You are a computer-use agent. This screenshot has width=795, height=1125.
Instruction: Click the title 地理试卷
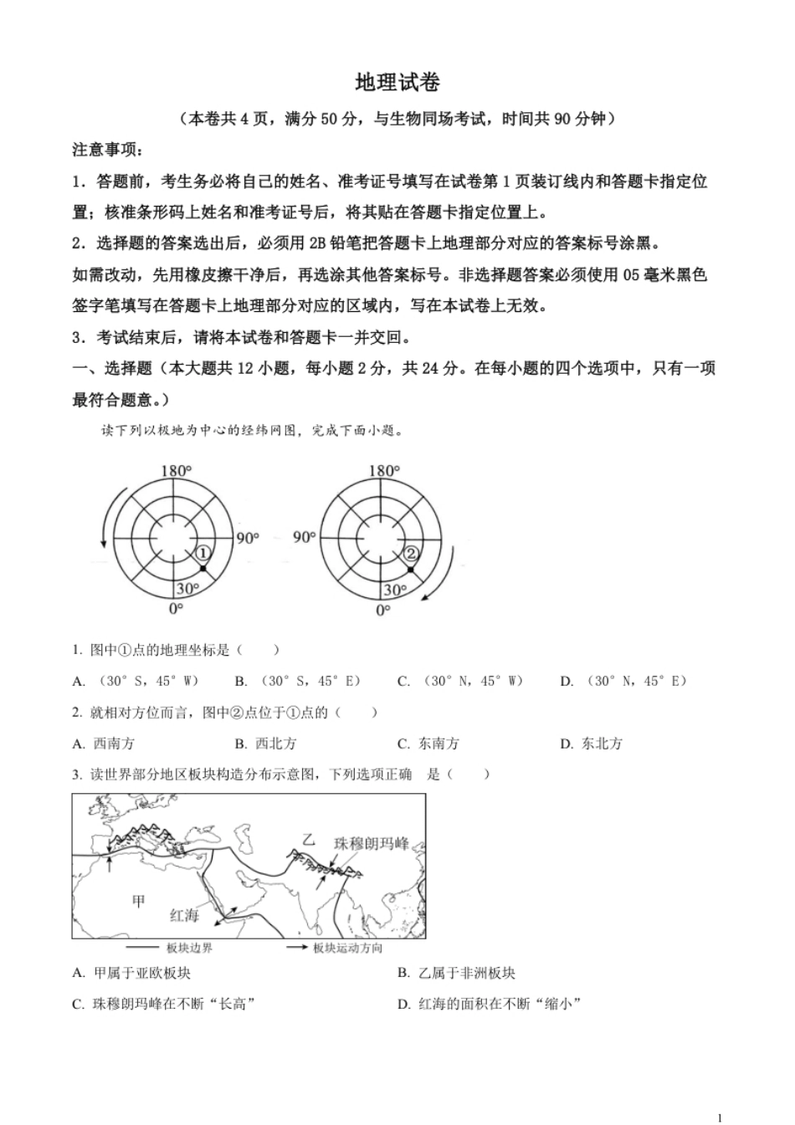(x=397, y=83)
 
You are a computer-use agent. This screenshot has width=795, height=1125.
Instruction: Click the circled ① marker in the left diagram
(x=202, y=553)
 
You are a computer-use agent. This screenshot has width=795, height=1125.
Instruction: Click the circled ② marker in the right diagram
(x=410, y=553)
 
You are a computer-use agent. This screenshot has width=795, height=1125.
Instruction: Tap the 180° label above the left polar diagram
(x=176, y=472)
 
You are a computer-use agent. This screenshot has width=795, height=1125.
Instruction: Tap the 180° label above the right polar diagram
(x=383, y=472)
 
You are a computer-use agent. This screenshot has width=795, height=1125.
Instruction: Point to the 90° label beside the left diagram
(x=248, y=538)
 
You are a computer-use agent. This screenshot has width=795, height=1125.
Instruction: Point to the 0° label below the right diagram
(x=382, y=611)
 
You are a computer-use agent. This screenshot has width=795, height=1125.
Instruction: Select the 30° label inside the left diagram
(x=187, y=589)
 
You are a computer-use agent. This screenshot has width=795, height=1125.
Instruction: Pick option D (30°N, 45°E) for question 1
(x=623, y=681)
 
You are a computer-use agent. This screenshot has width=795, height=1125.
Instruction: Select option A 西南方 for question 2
(x=104, y=744)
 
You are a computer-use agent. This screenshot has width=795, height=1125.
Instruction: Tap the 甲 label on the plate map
(x=139, y=900)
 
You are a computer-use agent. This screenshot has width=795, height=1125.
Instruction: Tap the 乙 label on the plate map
(x=310, y=840)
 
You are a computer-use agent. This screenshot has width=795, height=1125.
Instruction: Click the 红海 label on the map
(x=185, y=915)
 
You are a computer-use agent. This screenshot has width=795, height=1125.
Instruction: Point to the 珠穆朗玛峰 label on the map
(x=372, y=843)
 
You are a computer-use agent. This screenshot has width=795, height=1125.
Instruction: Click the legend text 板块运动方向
(x=348, y=948)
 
